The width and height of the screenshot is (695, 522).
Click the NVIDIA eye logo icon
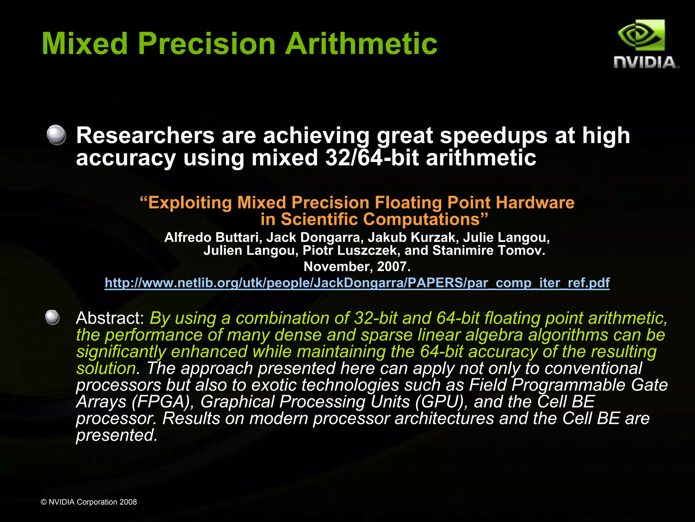[641, 36]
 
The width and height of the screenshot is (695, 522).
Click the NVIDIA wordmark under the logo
[646, 62]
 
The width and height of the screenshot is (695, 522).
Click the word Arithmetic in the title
[361, 43]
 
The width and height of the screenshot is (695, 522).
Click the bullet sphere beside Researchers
[56, 135]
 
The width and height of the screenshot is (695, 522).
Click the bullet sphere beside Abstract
[53, 318]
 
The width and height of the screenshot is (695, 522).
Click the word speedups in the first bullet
[493, 135]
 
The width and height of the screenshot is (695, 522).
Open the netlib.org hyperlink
[357, 283]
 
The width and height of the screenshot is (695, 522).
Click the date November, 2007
[357, 267]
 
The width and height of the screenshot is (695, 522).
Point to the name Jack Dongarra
[313, 237]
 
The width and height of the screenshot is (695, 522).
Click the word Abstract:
[110, 318]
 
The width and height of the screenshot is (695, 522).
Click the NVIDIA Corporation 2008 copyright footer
[89, 502]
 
